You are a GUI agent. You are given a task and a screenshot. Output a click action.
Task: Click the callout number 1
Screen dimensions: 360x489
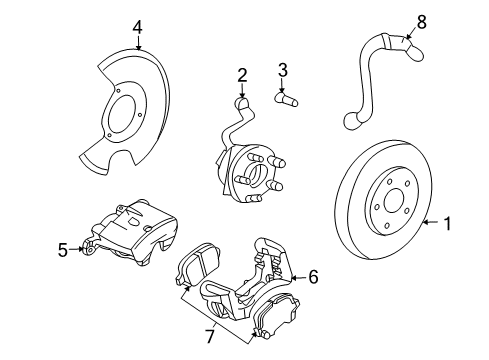(x=448, y=225)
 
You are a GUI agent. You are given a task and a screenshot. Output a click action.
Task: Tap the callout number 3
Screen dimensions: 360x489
(x=283, y=70)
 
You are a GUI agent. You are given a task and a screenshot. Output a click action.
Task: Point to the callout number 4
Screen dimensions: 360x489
(x=137, y=27)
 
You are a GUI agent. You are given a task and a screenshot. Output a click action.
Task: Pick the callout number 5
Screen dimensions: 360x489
(x=61, y=249)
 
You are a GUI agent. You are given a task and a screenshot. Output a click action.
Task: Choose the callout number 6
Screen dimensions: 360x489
(x=313, y=275)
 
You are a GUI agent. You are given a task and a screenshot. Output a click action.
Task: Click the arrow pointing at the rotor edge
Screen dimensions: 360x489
(x=428, y=225)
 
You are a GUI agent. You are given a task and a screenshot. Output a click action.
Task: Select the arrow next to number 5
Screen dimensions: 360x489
(x=78, y=249)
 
